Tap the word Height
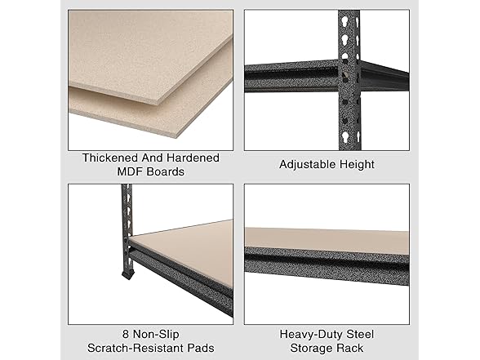(x=356, y=164)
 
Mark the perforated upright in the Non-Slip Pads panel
(x=126, y=220)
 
